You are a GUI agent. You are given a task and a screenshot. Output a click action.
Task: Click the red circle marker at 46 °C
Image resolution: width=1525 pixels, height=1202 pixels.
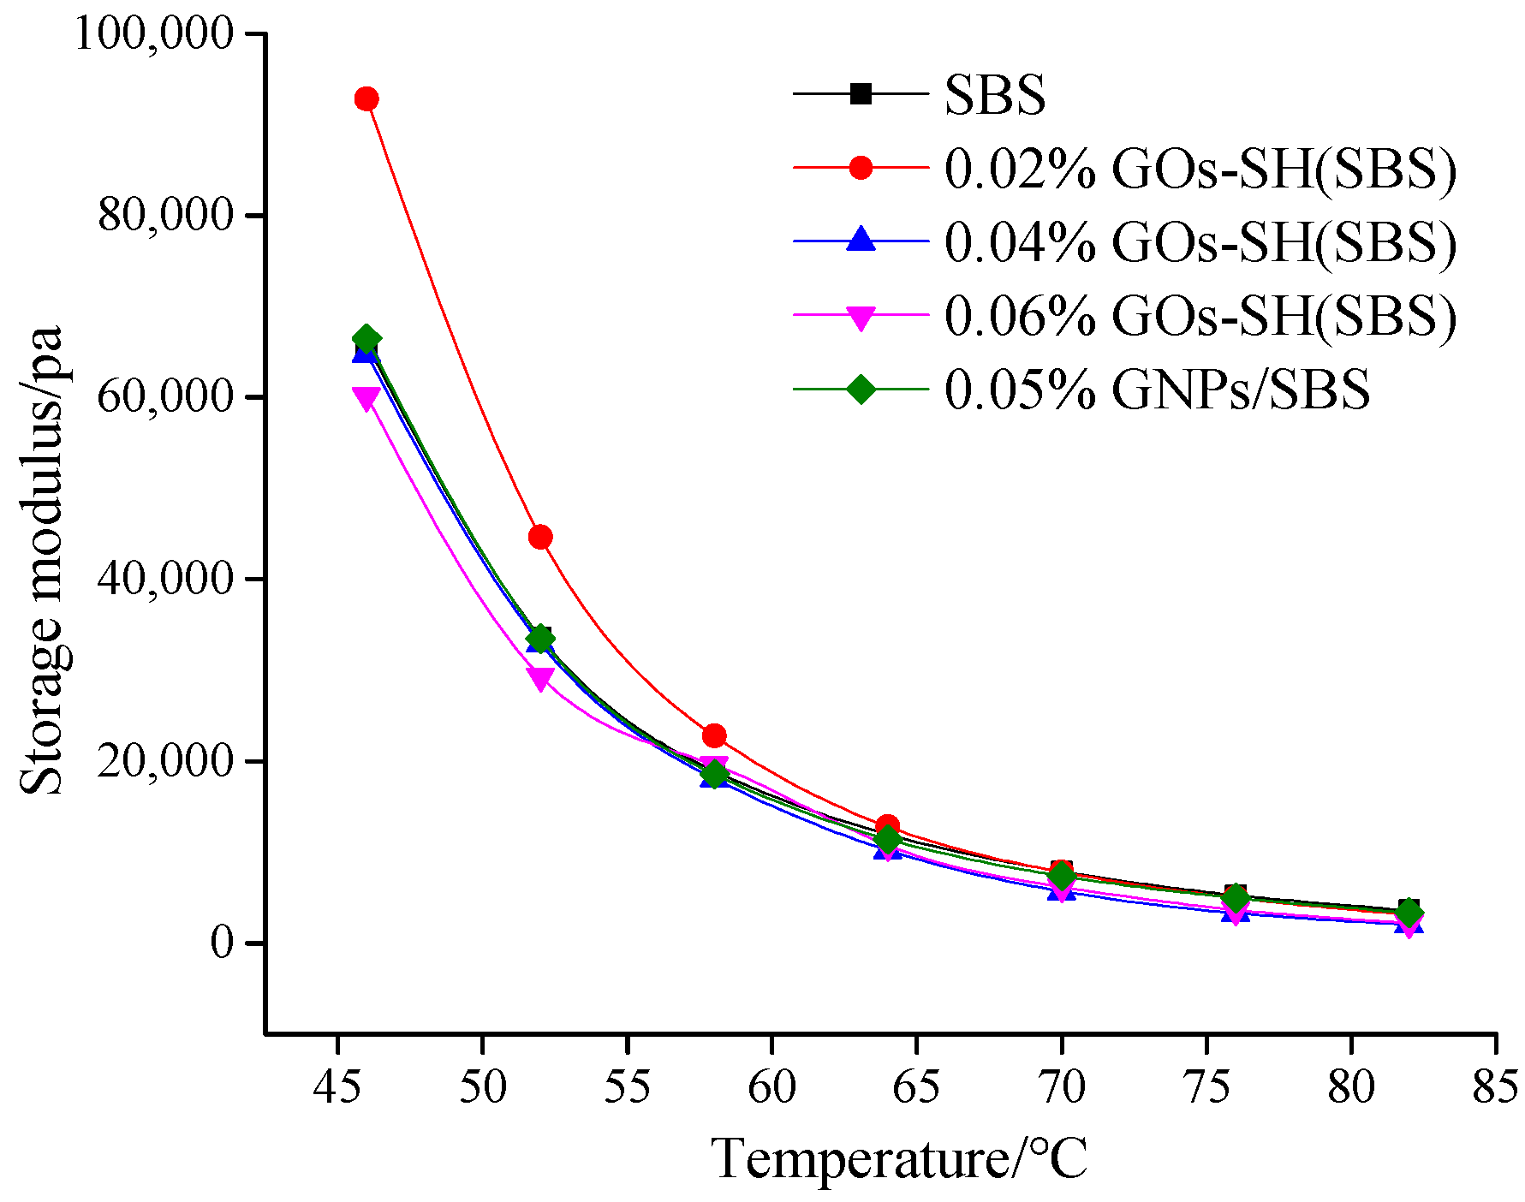pos(366,99)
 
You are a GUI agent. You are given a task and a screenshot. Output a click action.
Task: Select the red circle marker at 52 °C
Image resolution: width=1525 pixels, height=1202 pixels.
pos(540,538)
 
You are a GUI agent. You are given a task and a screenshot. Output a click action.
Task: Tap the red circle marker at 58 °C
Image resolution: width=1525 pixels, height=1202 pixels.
pos(714,735)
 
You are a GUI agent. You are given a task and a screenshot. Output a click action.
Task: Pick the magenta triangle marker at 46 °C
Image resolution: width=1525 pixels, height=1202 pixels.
pos(366,398)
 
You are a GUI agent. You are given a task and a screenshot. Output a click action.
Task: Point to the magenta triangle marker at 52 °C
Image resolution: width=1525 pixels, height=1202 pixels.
pos(540,679)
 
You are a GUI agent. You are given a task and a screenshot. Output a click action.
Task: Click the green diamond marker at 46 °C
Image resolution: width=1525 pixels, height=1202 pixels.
pos(366,338)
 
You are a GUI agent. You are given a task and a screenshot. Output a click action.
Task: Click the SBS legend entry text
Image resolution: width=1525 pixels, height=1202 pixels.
pos(995,95)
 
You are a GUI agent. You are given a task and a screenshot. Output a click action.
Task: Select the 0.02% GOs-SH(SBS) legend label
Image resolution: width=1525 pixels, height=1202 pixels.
pos(1200,169)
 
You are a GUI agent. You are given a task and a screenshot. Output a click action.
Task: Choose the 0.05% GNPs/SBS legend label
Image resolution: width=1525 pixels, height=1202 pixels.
pos(1157,390)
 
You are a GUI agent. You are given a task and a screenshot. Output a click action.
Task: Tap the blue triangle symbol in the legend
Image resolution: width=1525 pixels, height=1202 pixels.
pos(861,240)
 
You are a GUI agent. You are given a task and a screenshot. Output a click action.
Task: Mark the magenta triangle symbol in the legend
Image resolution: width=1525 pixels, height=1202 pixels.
pos(861,318)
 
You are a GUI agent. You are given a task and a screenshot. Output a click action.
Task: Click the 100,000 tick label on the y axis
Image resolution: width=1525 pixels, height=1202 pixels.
pos(154,34)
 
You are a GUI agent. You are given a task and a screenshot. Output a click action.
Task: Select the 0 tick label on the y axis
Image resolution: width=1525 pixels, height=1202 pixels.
pos(223,943)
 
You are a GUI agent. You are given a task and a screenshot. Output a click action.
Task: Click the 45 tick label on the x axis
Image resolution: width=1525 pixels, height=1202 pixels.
pos(338,1087)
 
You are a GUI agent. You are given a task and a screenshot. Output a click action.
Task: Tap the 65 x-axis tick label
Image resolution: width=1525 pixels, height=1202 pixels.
pos(916,1087)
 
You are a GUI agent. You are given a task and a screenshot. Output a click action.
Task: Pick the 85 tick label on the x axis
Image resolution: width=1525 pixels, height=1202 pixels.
pos(1494,1087)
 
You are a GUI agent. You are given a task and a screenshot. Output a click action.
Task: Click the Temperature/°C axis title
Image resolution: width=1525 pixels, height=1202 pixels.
pos(899,1160)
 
